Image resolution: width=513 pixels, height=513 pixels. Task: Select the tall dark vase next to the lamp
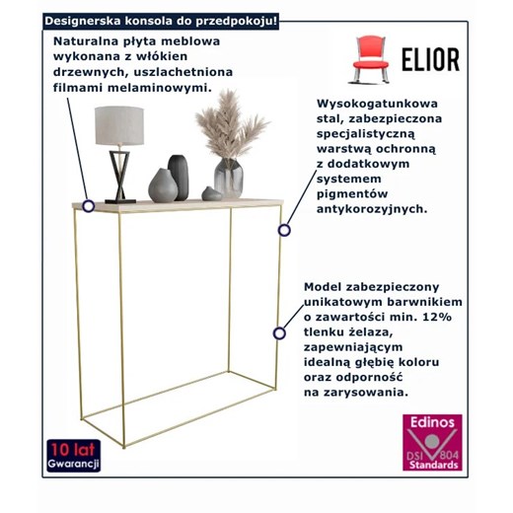(180, 176)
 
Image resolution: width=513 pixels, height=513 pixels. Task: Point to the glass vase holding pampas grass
(229, 177)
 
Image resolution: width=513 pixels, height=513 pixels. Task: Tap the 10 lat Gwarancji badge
(65, 456)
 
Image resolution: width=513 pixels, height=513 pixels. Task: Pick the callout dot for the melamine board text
(89, 206)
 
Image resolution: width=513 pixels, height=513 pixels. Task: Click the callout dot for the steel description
(284, 230)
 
